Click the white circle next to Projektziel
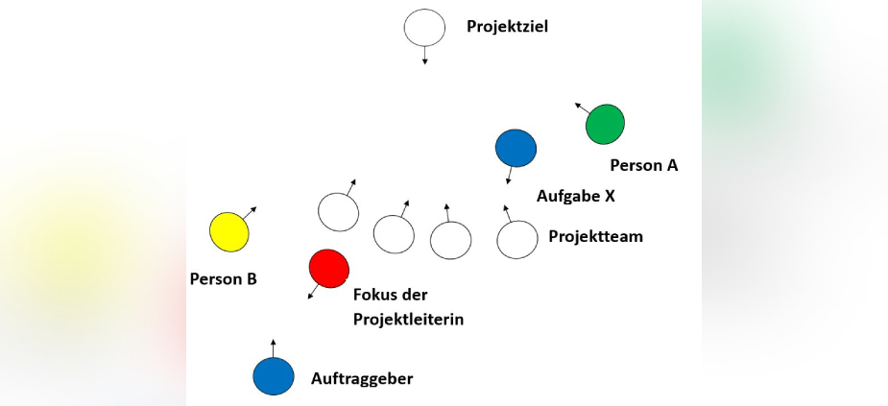[x=424, y=28]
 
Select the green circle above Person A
[x=605, y=124]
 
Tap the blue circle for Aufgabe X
[x=516, y=148]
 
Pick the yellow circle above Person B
[x=229, y=232]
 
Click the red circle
[x=328, y=269]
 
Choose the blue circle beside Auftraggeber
[x=274, y=376]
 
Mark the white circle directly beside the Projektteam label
[x=517, y=239]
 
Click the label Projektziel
[x=508, y=26]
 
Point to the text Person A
[x=644, y=165]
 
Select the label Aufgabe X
[x=575, y=196]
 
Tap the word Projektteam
[x=595, y=236]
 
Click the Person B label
[x=224, y=279]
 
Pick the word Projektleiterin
[x=409, y=319]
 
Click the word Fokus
[x=375, y=294]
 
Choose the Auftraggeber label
[x=362, y=378]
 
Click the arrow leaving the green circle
[x=581, y=107]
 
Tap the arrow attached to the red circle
[x=313, y=292]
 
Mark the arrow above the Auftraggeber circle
[x=274, y=347]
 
